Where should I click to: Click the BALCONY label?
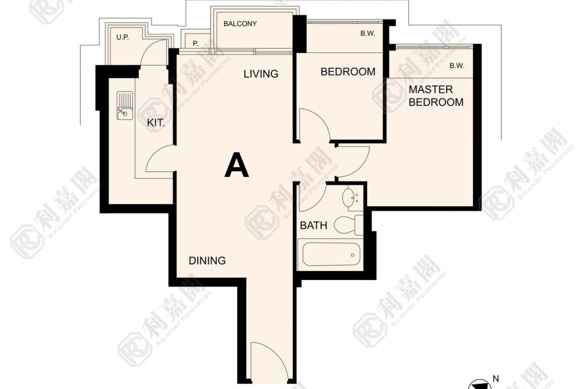(x=240, y=24)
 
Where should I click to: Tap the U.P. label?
(x=122, y=37)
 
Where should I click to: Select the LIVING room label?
(x=261, y=74)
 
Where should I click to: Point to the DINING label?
(x=207, y=261)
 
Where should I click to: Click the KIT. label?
(x=156, y=123)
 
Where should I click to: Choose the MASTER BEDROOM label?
(x=436, y=96)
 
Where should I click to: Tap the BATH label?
(x=313, y=225)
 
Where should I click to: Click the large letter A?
(x=237, y=166)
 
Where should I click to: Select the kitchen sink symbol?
(x=124, y=106)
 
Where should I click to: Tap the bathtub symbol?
(x=331, y=254)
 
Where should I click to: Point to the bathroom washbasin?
(x=350, y=198)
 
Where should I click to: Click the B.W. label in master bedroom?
(x=457, y=66)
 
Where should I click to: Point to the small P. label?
(x=195, y=44)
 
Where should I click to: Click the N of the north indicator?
(x=496, y=379)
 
